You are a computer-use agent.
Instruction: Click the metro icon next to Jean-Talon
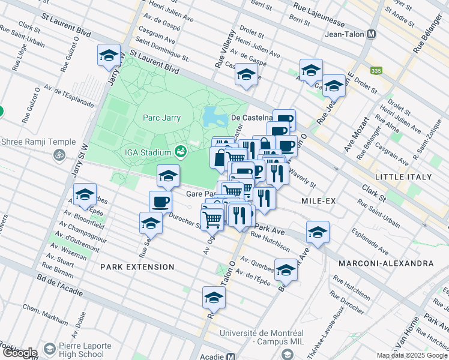(372, 35)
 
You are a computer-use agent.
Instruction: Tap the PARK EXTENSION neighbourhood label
(137, 266)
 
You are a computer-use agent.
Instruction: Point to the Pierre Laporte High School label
(85, 350)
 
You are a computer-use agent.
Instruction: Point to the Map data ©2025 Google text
(412, 355)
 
